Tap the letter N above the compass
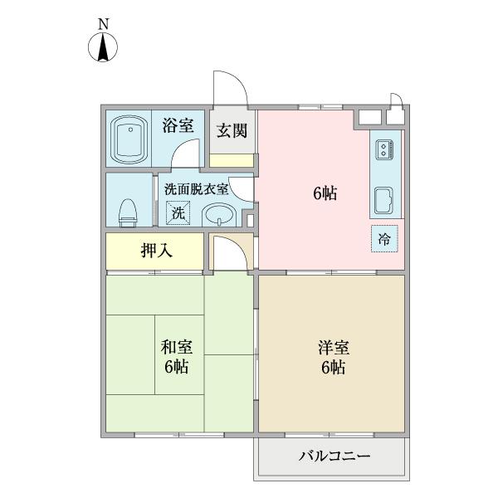click(103, 24)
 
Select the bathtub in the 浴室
click(129, 139)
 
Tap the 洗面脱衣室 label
click(196, 188)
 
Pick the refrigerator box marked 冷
click(384, 237)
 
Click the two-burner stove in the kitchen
click(385, 151)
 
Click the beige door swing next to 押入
click(226, 252)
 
